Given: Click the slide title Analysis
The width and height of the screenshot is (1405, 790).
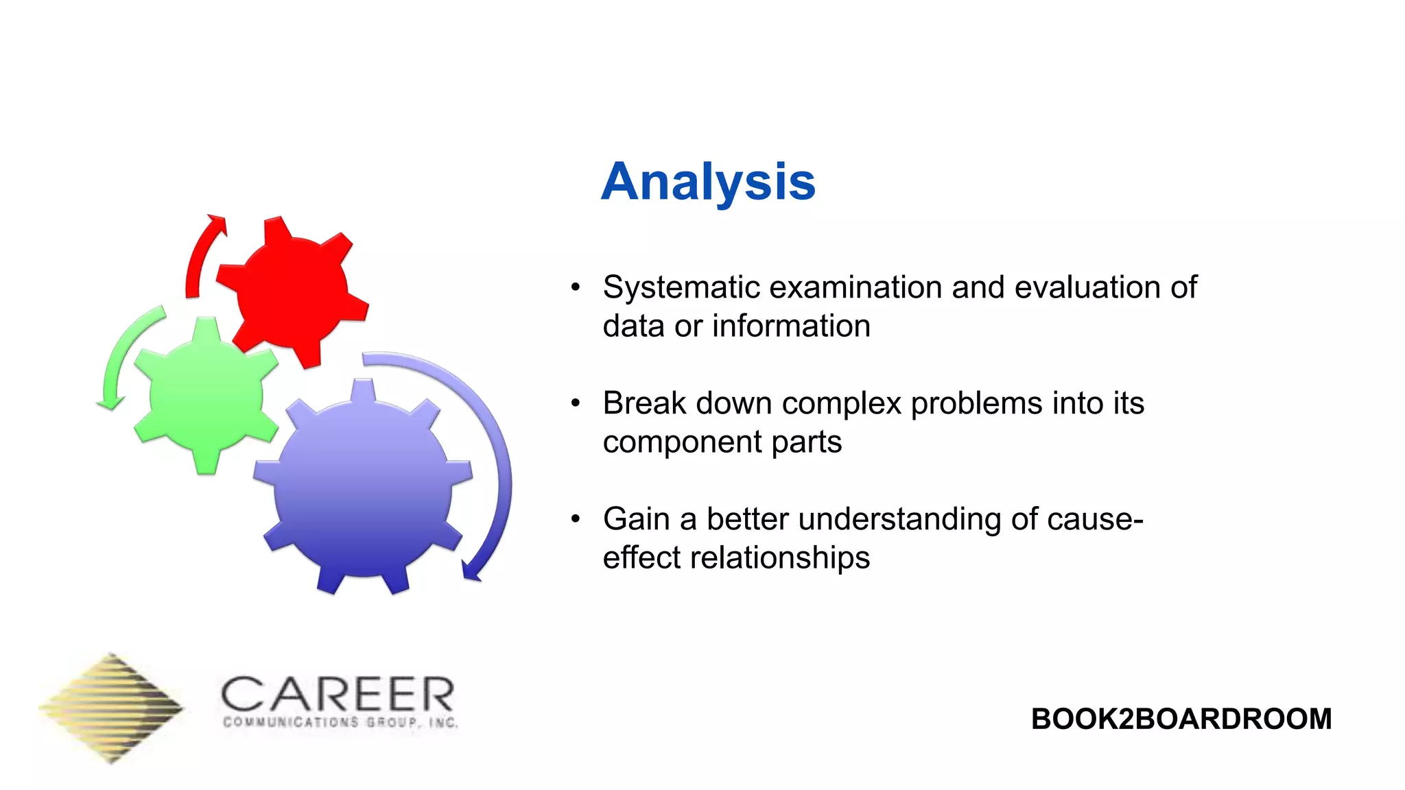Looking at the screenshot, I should (x=708, y=182).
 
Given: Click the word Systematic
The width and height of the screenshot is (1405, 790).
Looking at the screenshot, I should (x=681, y=287).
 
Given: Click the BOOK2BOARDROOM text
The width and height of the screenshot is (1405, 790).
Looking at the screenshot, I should (x=1181, y=719).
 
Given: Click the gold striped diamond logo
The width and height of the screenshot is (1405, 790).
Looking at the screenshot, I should (x=111, y=708).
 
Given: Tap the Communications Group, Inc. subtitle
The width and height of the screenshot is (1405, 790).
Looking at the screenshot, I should (x=340, y=723).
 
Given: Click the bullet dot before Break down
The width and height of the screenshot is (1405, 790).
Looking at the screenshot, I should (x=576, y=403).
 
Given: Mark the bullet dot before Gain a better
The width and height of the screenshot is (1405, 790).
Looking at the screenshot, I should (x=576, y=519).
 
